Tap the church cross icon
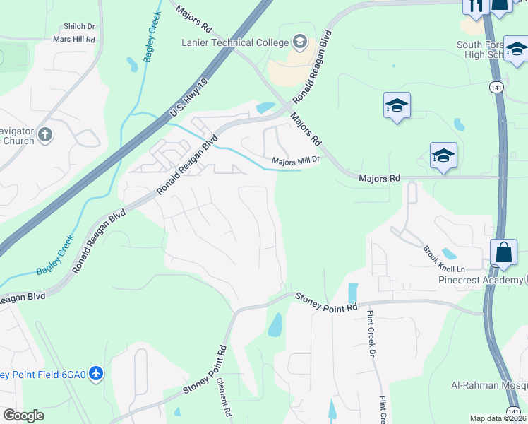click(x=46, y=134)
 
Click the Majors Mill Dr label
click(x=296, y=161)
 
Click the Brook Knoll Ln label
click(x=443, y=260)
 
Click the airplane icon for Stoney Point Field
click(x=97, y=373)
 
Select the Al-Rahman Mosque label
click(x=489, y=385)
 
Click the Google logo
click(x=23, y=415)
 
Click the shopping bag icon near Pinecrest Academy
click(x=503, y=252)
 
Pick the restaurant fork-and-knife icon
click(x=474, y=6)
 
